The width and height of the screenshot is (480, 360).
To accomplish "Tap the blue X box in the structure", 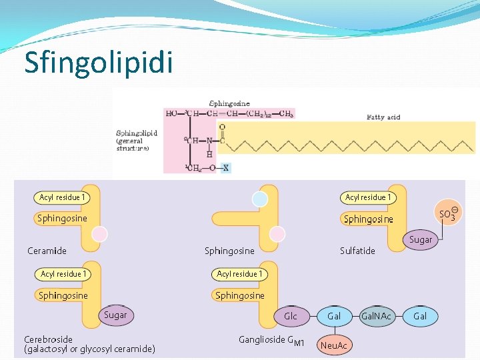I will point(226,167).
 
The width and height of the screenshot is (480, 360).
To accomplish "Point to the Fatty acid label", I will point(383,117).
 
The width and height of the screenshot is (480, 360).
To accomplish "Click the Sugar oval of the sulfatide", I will point(421,239).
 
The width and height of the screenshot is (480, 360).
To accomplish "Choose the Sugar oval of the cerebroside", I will point(115,315).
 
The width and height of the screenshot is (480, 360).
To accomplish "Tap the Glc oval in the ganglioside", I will point(291,316).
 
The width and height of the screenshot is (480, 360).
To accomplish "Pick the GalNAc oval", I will point(376,316).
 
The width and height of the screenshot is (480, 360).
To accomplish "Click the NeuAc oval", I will point(334,345).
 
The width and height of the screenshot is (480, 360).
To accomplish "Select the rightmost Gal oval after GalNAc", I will point(420,316).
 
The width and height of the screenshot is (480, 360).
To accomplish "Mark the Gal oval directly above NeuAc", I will point(333,316).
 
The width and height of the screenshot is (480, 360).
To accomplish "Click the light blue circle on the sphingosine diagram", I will point(260,199).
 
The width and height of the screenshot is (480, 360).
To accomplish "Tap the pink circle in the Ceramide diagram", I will point(99,234).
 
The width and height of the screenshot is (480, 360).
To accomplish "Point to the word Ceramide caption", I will point(47,251).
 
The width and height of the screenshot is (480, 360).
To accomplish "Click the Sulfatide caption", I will point(357,251).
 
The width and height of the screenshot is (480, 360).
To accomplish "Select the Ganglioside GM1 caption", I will point(271,341).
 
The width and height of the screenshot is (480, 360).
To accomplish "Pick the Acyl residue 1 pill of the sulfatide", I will point(368,197).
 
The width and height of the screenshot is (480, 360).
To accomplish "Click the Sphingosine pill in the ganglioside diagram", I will point(239,295).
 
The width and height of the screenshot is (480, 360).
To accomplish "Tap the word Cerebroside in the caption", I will point(48,339).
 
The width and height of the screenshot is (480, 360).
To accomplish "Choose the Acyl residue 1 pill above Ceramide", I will point(62,197).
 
